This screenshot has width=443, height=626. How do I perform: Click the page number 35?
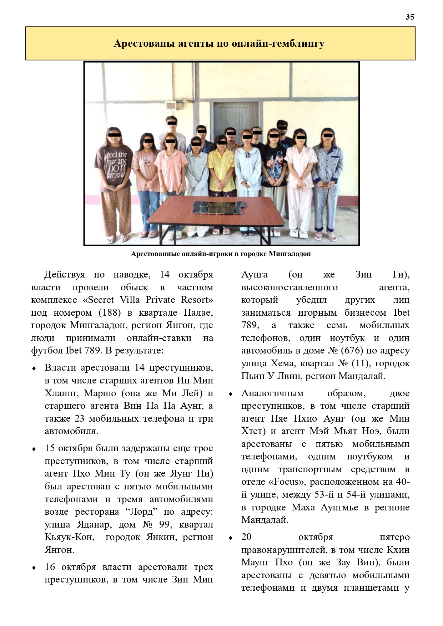(x=410, y=17)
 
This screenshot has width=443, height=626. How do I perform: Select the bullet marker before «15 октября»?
(x=34, y=449)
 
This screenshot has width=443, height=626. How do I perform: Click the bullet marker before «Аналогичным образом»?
(x=231, y=394)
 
